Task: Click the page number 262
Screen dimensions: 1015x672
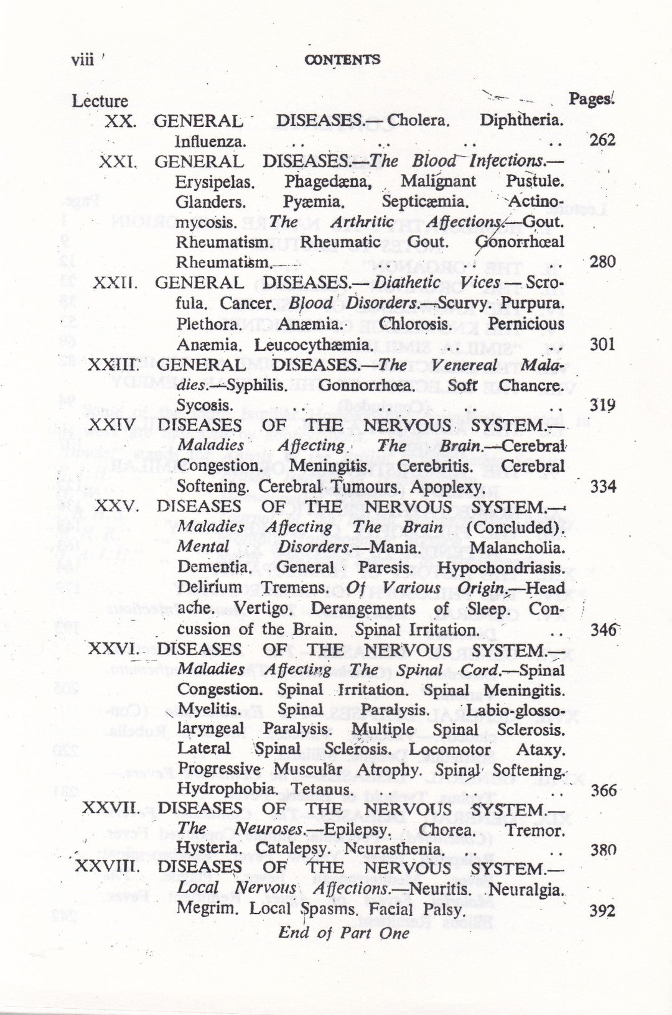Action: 602,139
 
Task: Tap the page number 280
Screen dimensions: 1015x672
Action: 602,261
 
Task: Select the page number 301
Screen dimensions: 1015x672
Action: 602,344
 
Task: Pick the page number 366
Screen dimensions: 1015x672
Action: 602,790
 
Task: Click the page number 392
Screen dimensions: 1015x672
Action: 602,911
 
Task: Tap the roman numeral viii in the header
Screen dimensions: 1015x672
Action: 83,60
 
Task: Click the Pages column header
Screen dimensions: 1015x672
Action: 591,100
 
